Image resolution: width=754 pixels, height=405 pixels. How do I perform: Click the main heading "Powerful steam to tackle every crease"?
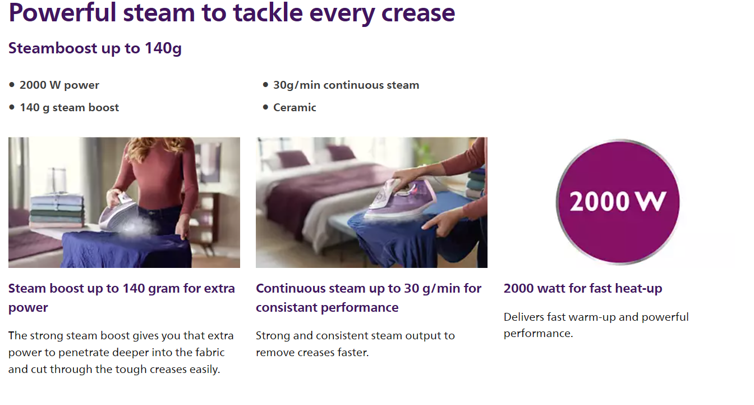[232, 13]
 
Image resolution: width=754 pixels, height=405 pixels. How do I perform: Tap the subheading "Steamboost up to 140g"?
[95, 48]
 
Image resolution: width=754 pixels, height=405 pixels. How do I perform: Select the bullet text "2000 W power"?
[59, 85]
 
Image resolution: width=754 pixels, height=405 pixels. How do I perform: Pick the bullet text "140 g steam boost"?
[70, 107]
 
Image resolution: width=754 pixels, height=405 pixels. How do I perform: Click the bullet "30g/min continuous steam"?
[346, 85]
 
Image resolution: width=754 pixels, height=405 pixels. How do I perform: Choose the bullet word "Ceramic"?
[295, 107]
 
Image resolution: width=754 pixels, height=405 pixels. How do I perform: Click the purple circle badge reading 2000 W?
[618, 202]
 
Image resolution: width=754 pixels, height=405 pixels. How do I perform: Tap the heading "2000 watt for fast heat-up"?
[583, 288]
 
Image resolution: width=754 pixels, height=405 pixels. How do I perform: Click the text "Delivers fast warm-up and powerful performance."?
[596, 325]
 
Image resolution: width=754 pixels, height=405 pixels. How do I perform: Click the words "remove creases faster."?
[312, 352]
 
